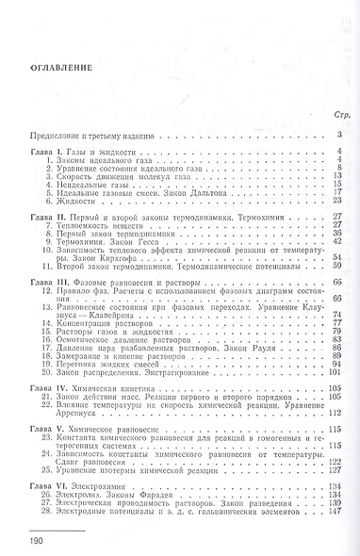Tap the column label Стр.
pyautogui.click(x=340, y=115)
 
